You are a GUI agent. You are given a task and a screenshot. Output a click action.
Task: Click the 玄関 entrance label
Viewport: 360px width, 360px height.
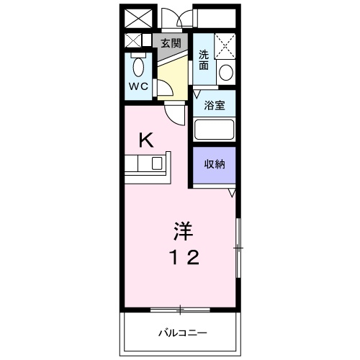(170, 42)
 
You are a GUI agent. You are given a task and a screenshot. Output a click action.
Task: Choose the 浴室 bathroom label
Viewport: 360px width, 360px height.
(215, 106)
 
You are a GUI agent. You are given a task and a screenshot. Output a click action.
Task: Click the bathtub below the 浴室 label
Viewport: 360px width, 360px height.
(215, 130)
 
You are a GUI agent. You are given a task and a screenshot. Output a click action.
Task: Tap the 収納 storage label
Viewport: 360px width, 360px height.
(215, 163)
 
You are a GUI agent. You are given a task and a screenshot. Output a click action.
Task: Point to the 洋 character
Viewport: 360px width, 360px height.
(181, 232)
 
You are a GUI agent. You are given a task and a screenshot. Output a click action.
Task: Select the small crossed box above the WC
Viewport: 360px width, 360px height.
(133, 41)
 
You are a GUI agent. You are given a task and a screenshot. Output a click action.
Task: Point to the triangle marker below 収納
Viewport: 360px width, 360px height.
(232, 193)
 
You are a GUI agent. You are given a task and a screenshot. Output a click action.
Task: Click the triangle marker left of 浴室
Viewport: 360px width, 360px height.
(197, 94)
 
